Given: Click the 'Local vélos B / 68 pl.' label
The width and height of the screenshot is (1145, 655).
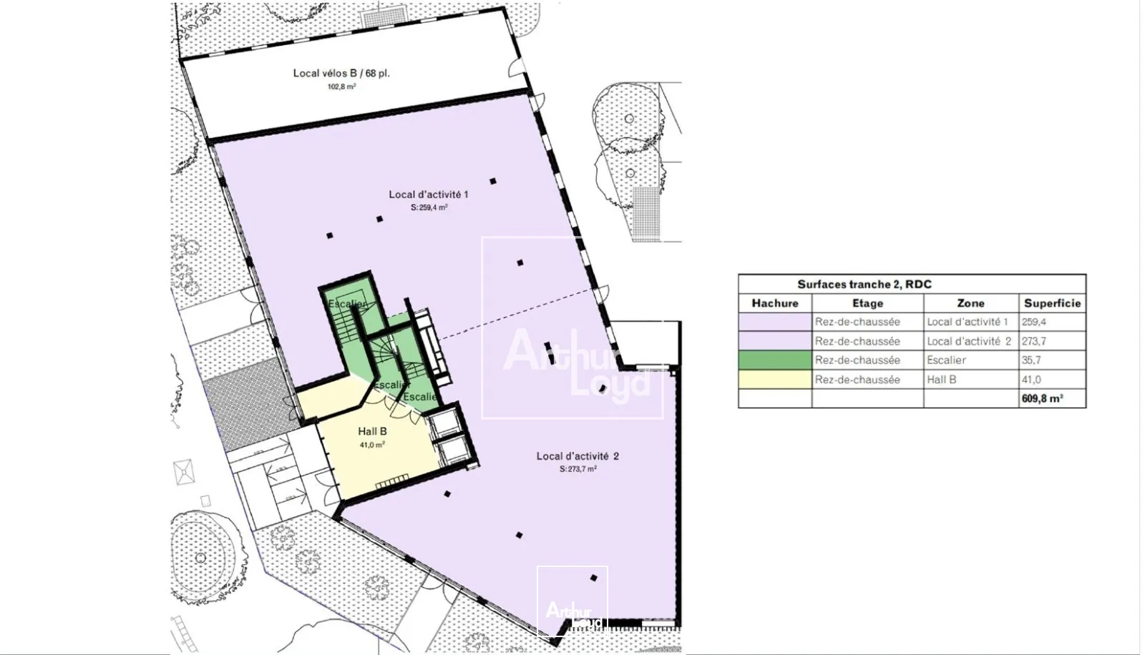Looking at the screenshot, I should [x=341, y=73].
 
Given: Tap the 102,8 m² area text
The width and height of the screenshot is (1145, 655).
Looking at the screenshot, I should [x=341, y=87].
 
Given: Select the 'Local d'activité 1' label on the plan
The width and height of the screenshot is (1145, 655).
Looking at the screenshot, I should [x=428, y=194].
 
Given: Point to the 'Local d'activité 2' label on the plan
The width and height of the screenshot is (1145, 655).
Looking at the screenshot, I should [x=578, y=456].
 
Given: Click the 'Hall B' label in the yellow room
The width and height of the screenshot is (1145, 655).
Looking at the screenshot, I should [x=372, y=432].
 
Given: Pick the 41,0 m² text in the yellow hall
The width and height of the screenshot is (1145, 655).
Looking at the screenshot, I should [x=372, y=445].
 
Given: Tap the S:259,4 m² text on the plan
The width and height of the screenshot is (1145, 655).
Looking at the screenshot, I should [x=429, y=207].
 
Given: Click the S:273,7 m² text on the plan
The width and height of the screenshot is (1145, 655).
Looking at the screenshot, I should [x=578, y=469].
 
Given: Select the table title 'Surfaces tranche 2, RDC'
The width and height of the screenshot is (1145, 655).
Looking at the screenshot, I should [x=864, y=285].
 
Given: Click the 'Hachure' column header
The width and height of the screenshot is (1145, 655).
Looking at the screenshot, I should [x=774, y=303].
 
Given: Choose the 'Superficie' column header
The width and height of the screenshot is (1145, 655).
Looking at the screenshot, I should [x=1052, y=303].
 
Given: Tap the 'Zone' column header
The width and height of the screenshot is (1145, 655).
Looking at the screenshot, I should [x=970, y=303].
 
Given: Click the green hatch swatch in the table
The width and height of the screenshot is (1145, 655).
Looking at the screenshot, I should [x=775, y=360].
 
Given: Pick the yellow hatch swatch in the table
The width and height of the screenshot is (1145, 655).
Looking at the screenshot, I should [x=775, y=380].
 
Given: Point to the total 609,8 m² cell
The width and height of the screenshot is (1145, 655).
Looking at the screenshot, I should [x=1042, y=399].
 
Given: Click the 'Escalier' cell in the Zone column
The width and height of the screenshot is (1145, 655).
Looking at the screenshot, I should [x=946, y=360].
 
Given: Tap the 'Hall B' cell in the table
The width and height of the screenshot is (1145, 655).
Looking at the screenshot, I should [x=941, y=380].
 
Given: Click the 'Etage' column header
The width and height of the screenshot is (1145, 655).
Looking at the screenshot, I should [x=867, y=303].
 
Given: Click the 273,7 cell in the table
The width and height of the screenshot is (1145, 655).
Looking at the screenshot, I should [x=1033, y=341].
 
